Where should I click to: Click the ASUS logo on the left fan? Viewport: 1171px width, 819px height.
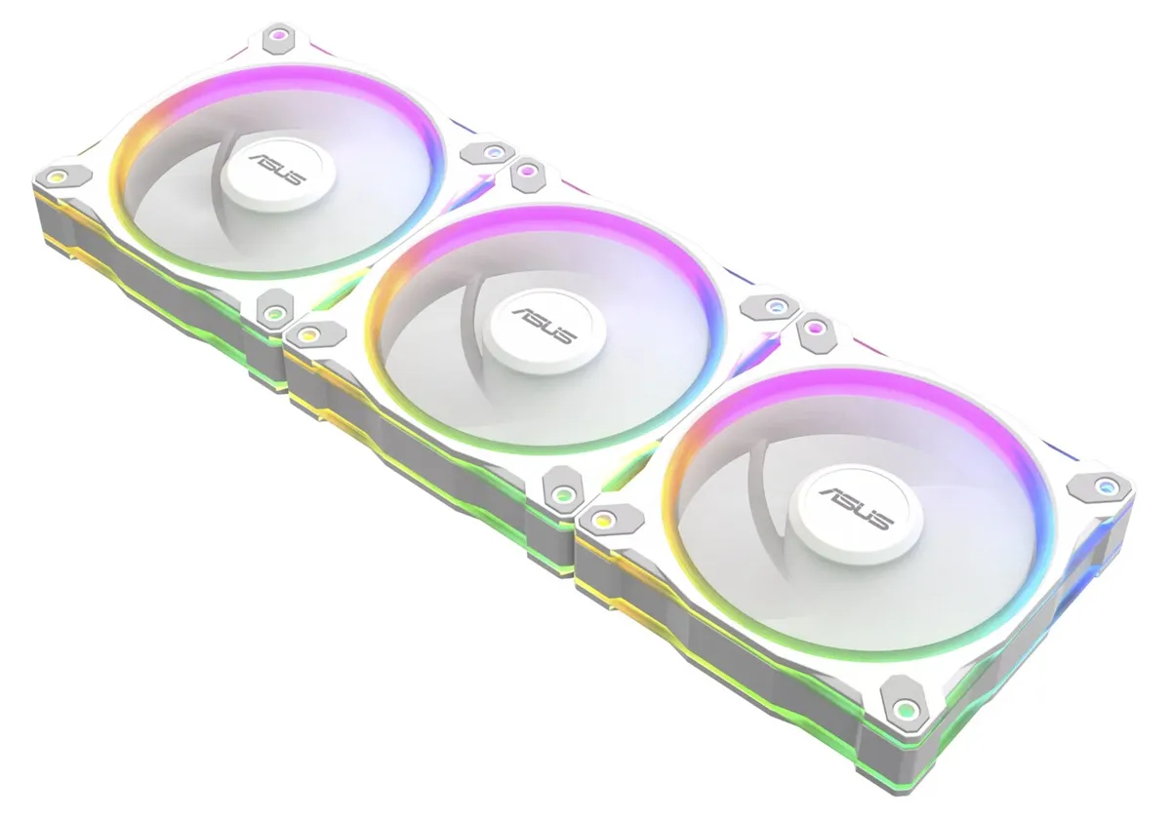click(277, 170)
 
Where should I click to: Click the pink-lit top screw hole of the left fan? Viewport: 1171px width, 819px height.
click(279, 36)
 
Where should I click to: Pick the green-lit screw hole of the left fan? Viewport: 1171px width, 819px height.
click(273, 313)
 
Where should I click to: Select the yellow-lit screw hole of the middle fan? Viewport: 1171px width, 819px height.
click(309, 334)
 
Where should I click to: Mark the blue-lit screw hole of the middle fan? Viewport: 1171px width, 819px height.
click(775, 306)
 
